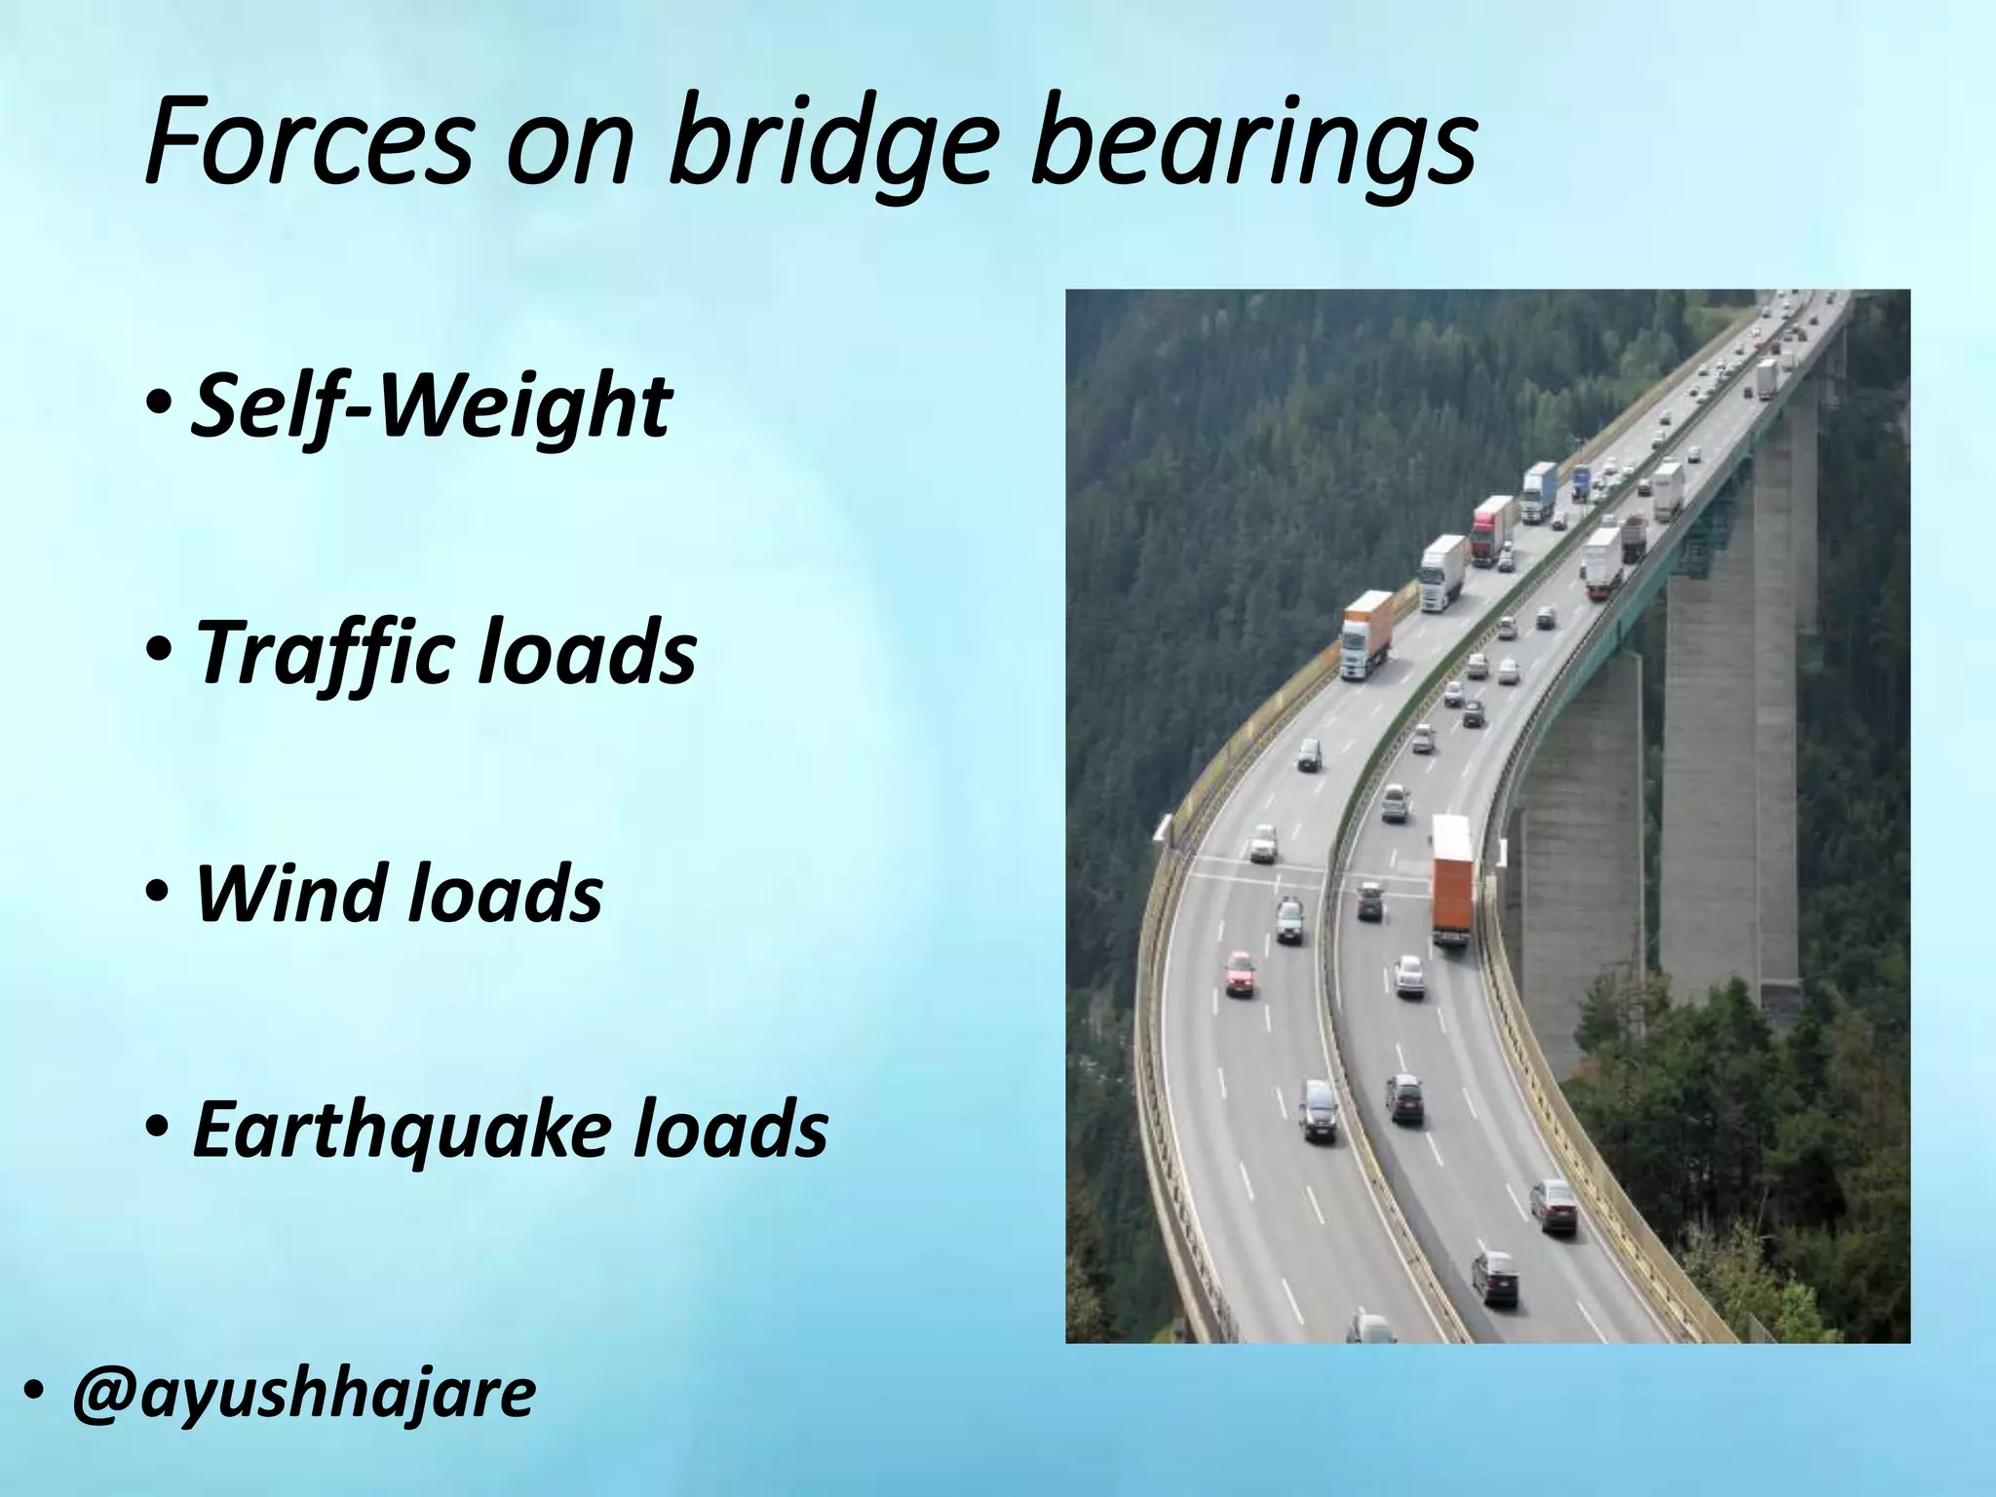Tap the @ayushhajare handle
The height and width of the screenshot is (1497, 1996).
pos(303,1393)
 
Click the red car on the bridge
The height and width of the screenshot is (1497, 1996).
pos(1240,973)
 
